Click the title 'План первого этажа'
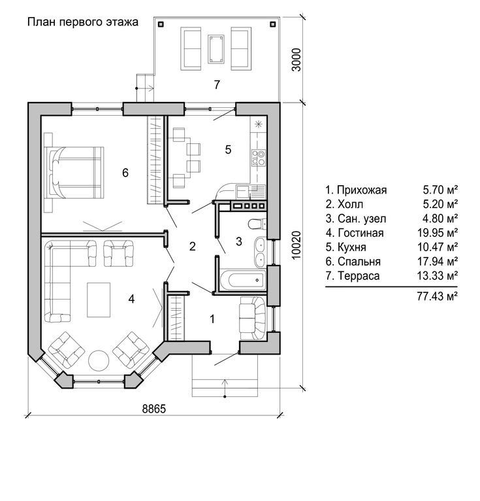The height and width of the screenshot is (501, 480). (x=82, y=22)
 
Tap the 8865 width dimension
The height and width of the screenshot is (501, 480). (x=154, y=409)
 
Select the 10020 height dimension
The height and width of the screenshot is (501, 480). (x=296, y=245)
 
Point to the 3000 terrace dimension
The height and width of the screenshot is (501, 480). (x=296, y=60)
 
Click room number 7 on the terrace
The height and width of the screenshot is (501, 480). (x=217, y=84)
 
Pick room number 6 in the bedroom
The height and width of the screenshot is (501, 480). (x=125, y=173)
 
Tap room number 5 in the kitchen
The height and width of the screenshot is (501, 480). (x=228, y=149)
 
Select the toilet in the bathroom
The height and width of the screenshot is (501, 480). (x=257, y=224)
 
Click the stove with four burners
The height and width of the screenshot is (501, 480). (x=259, y=158)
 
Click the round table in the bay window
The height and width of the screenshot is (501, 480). (x=99, y=360)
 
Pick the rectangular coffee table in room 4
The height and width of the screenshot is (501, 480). (x=99, y=300)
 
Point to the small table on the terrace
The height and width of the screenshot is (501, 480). (x=216, y=49)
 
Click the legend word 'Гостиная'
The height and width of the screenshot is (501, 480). (x=360, y=233)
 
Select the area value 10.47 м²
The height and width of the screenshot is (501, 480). (x=438, y=247)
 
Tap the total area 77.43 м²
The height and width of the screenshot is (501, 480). (x=438, y=296)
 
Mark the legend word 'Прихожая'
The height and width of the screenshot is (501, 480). (x=362, y=190)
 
